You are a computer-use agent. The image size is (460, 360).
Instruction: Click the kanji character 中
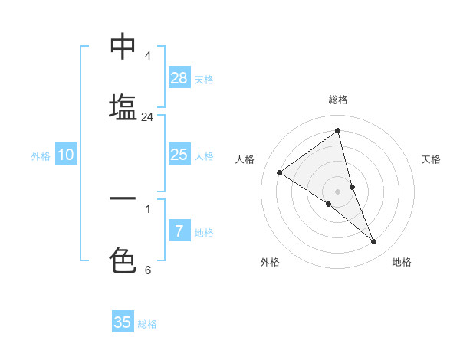tap(123, 47)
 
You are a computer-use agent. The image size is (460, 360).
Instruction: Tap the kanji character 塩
tap(123, 106)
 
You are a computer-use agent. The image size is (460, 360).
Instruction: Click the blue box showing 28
tap(179, 78)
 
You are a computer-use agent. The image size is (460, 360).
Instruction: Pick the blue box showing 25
tap(179, 155)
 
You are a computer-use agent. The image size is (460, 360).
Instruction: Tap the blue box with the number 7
tap(179, 231)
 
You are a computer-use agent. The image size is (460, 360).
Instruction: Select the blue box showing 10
tap(66, 155)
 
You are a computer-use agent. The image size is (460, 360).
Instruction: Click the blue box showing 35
tap(123, 322)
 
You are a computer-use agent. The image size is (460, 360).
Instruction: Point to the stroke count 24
tap(147, 117)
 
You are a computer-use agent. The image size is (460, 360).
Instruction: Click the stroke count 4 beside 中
tap(148, 57)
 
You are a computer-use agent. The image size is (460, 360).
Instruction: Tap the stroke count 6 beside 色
tap(148, 270)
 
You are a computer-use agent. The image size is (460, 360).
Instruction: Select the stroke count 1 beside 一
tap(148, 208)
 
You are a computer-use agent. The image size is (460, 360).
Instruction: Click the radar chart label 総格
tap(338, 100)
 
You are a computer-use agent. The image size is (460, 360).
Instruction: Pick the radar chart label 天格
tap(432, 159)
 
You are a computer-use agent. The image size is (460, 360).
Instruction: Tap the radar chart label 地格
tap(402, 262)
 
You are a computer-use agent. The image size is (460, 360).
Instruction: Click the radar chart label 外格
tap(270, 262)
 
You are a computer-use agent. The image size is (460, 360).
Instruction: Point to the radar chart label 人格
tap(245, 159)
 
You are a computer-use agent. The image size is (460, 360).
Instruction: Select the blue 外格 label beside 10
tap(41, 156)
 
